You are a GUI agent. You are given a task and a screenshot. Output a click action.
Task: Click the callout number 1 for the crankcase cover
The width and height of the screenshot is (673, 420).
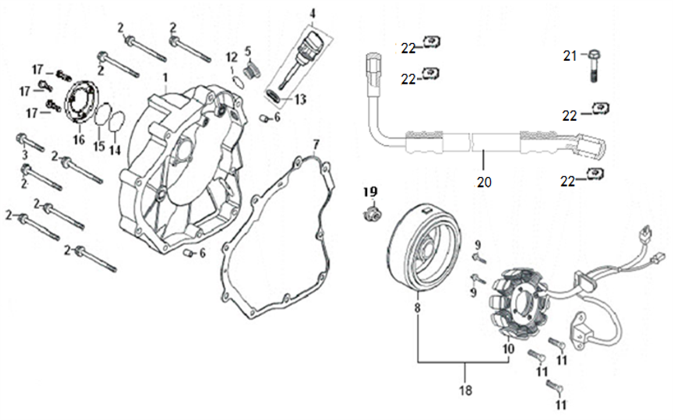click(165, 78)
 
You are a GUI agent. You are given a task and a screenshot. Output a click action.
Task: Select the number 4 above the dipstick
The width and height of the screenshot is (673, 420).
click(312, 13)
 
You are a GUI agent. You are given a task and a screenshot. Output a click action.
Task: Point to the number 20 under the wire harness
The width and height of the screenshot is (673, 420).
click(485, 182)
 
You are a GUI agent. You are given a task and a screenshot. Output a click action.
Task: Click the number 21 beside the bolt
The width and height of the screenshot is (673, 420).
click(570, 56)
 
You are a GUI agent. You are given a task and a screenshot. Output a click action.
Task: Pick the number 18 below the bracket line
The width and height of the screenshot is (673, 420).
click(465, 390)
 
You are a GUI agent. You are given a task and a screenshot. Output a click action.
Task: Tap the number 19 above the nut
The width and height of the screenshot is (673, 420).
click(371, 192)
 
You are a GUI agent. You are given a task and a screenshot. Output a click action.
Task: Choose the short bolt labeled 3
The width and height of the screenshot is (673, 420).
click(30, 143)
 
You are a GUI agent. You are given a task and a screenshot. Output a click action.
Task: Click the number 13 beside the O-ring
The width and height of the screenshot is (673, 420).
click(300, 99)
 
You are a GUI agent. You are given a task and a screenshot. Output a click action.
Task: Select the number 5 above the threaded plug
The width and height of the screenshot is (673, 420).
click(248, 52)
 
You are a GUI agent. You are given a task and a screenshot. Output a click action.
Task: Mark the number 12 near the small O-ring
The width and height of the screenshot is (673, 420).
click(232, 57)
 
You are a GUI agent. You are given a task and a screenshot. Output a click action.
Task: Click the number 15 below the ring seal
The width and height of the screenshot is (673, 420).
click(99, 146)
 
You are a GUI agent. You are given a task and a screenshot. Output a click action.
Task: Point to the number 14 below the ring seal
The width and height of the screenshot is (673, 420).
click(115, 150)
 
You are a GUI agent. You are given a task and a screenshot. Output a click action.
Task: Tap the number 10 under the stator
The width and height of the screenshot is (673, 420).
click(508, 349)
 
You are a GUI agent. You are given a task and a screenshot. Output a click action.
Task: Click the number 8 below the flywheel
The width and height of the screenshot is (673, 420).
click(417, 308)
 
